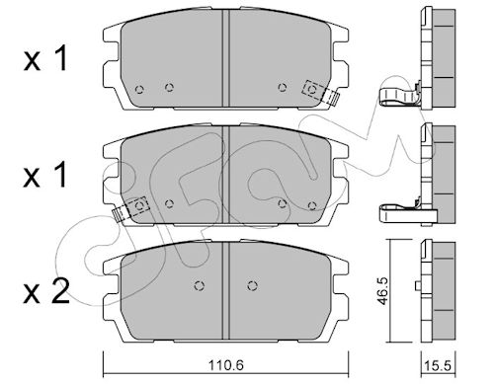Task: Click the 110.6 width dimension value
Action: point(226,365)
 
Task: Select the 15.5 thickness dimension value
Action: point(438,366)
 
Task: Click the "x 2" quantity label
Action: point(46,291)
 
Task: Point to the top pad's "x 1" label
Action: point(45,58)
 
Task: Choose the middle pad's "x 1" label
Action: point(45,175)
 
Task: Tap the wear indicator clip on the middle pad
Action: point(131,209)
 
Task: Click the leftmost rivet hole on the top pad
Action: point(139,89)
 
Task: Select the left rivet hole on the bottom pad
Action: point(199,285)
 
